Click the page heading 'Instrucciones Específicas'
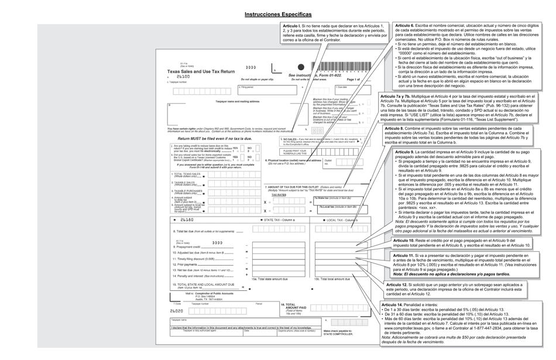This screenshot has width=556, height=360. [x=278, y=14]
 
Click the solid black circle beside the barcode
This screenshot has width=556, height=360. [x=301, y=67]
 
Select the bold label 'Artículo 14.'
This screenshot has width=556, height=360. [x=392, y=305]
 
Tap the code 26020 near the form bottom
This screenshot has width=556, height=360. [x=176, y=311]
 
